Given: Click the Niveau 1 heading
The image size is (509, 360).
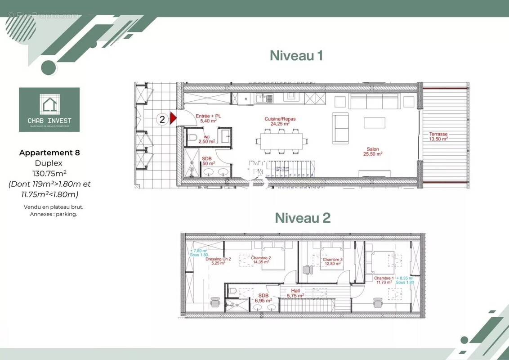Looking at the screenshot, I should pyautogui.click(x=296, y=56).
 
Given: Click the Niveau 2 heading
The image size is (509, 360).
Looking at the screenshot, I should pyautogui.click(x=302, y=218).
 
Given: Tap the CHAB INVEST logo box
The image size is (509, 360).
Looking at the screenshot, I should pyautogui.click(x=49, y=109).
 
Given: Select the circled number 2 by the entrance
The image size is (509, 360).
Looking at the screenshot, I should pyautogui.click(x=162, y=119).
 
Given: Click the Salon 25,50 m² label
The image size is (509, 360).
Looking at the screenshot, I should pyautogui.click(x=372, y=151).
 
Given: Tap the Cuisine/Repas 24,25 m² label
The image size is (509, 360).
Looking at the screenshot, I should pyautogui.click(x=280, y=121).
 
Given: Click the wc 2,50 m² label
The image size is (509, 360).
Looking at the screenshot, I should pyautogui.click(x=206, y=139).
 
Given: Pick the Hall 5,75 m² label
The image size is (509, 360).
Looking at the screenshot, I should pyautogui.click(x=295, y=293).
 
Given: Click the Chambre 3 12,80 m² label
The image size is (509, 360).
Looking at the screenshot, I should pyautogui.click(x=332, y=261).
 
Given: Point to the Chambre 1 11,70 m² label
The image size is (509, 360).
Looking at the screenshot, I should pyautogui.click(x=384, y=280).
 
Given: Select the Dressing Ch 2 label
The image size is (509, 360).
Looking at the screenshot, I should pyautogui.click(x=219, y=261).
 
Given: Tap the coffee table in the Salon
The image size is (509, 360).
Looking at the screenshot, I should pyautogui.click(x=374, y=123).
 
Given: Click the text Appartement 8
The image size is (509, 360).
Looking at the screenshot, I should pyautogui.click(x=49, y=153).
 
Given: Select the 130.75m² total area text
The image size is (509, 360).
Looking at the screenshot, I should pyautogui.click(x=49, y=173).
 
